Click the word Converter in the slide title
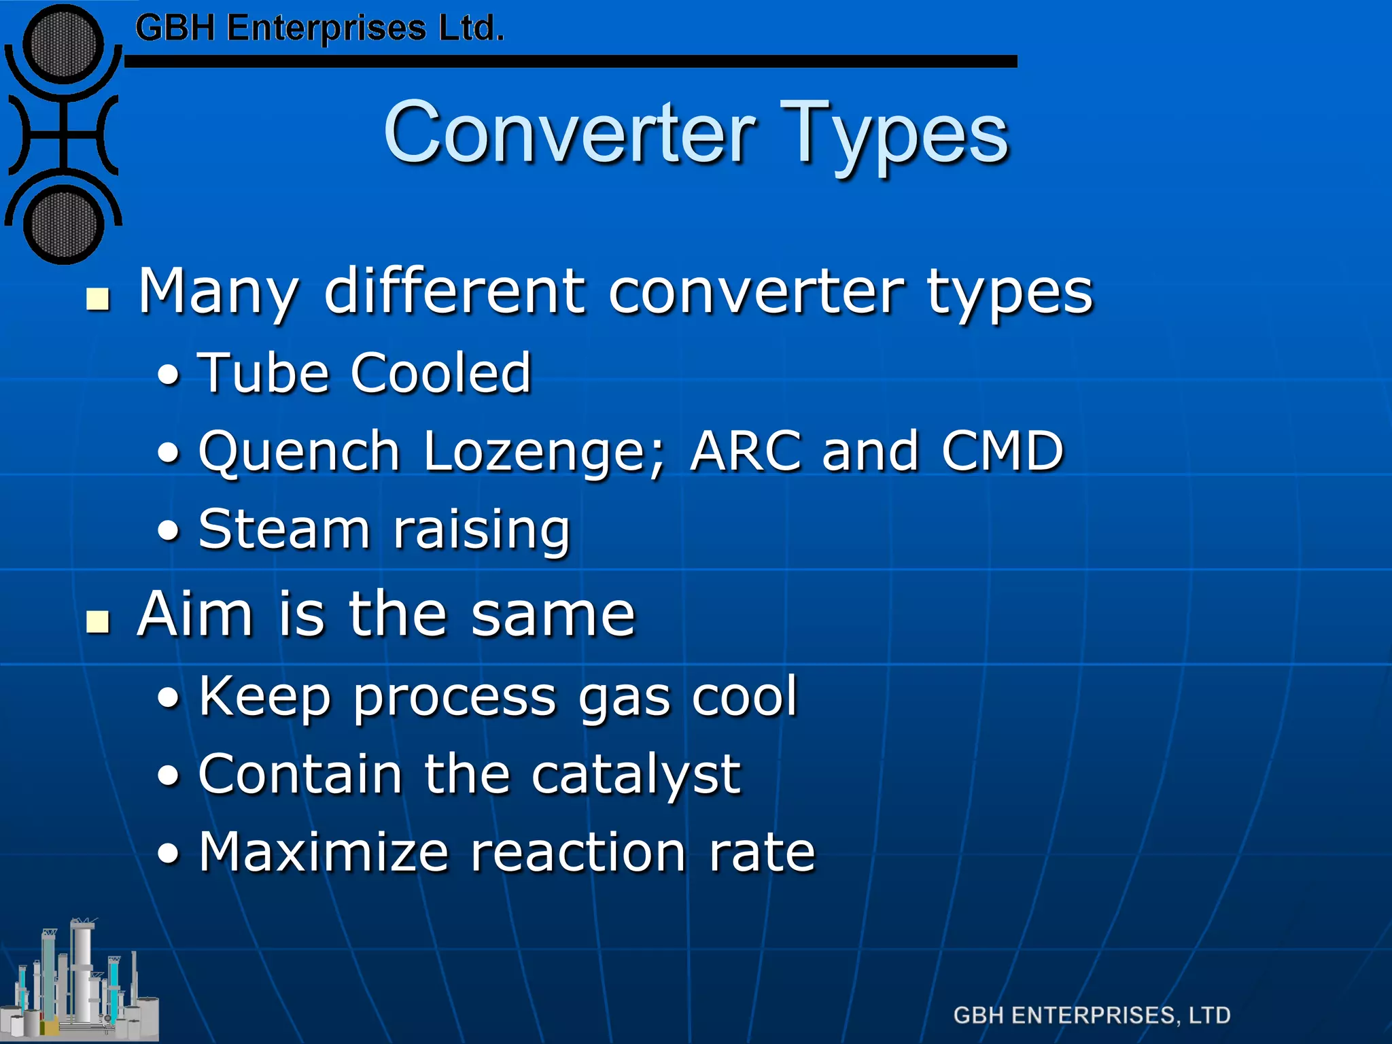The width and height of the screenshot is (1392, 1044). (x=570, y=133)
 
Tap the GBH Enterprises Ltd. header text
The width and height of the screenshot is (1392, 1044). (x=319, y=29)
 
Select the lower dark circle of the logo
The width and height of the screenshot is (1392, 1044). (x=63, y=224)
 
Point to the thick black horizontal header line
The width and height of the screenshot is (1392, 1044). (x=571, y=62)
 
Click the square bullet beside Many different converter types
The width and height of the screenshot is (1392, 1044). (x=99, y=298)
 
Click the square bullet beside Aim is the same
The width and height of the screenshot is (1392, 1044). (x=99, y=621)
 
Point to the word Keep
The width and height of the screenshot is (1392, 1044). (x=265, y=697)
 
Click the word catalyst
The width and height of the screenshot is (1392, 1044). (x=636, y=775)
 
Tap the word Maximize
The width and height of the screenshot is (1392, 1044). (x=324, y=852)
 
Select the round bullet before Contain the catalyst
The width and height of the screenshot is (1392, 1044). (x=169, y=775)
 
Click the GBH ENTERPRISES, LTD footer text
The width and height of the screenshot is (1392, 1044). (x=1092, y=1015)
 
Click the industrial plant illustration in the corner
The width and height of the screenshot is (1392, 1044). (x=80, y=982)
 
